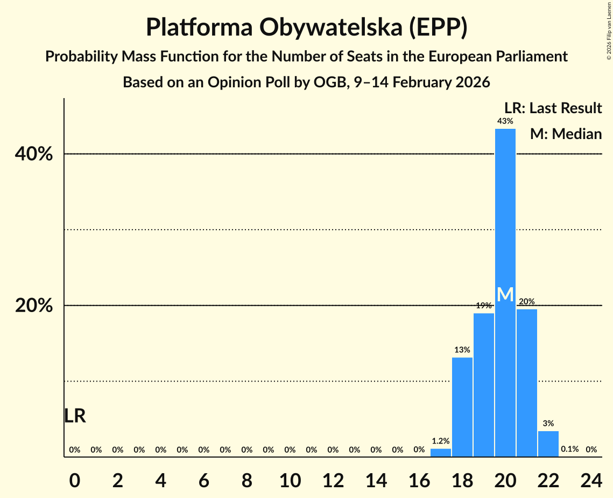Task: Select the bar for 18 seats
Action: coord(462,407)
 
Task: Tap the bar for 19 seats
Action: coord(483,385)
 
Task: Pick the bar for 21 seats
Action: coord(526,383)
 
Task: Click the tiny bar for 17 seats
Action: coord(440,453)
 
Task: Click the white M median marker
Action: coord(505,295)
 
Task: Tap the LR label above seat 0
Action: coord(75,416)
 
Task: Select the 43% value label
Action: coord(505,121)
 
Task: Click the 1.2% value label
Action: coord(440,441)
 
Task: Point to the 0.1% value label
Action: coord(569,449)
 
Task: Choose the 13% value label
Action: coord(462,350)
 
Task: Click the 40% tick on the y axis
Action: coord(34,154)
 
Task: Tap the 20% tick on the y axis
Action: coord(34,306)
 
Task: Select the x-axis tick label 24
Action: coord(591,478)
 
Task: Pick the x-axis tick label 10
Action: coord(290,478)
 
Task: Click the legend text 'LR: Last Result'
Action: coord(553,108)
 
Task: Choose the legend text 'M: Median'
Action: coord(565,134)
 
